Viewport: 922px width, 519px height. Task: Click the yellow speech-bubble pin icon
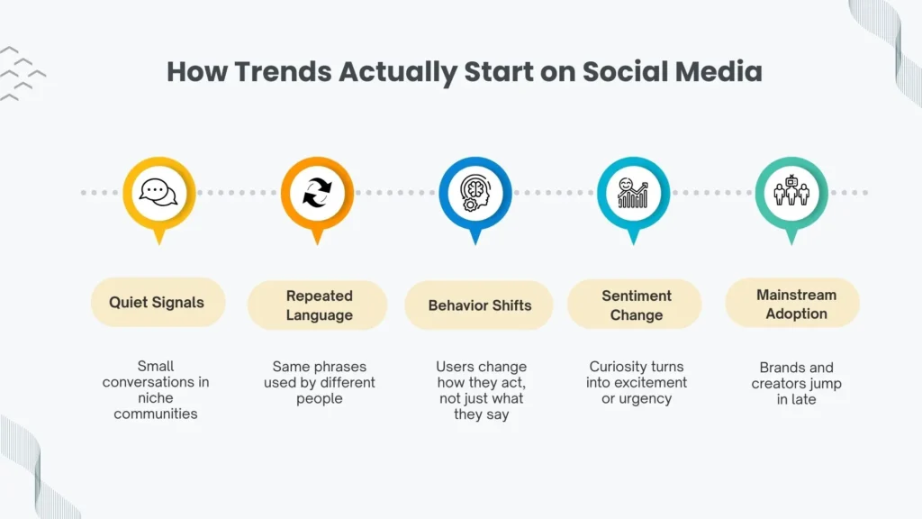tap(158, 193)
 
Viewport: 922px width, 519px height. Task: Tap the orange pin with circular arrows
tap(317, 193)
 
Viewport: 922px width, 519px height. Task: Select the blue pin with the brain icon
tap(475, 193)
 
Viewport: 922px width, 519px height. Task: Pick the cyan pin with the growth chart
tap(634, 193)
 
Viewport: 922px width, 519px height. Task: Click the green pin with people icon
tap(791, 193)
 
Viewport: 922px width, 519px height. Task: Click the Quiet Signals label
tap(157, 303)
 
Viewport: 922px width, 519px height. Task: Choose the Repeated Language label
tap(319, 305)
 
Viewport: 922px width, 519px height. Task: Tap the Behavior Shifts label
tap(479, 305)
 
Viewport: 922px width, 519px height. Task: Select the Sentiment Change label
tap(636, 305)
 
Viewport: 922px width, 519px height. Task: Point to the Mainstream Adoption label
tap(795, 305)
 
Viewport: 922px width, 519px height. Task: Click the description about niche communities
tap(156, 390)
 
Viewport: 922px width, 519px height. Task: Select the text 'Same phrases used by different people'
tap(319, 383)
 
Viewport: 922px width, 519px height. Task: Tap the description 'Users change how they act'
tap(479, 391)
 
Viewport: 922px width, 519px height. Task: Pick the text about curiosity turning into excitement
tap(636, 383)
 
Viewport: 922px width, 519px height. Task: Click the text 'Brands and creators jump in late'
tap(795, 383)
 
